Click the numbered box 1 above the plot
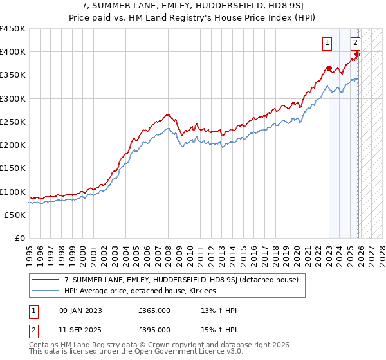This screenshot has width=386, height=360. pos(327,44)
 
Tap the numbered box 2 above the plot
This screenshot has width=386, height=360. pos(355,44)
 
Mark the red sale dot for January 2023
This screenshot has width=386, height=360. pos(329,69)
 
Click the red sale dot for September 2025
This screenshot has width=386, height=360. pos(358,54)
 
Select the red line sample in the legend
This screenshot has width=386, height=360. pos(46,280)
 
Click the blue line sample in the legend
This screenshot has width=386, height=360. pos(46,291)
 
